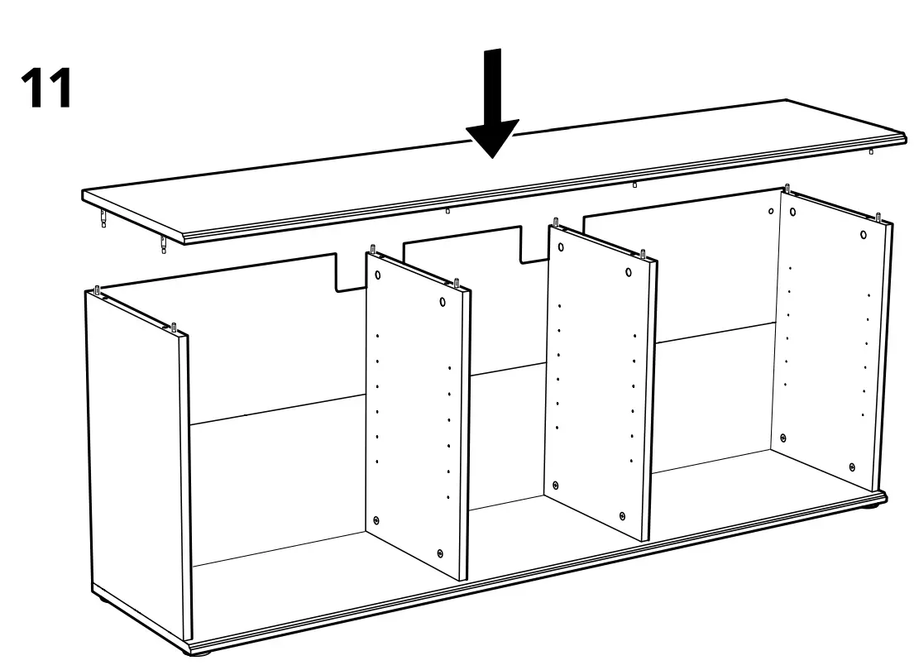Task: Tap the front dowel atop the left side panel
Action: point(175,327)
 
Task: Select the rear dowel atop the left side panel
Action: point(98,290)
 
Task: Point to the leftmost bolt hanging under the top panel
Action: point(103,219)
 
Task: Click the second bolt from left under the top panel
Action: point(164,244)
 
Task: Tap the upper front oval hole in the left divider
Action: point(443,302)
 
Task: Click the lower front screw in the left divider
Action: point(440,553)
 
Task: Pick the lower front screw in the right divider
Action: point(622,515)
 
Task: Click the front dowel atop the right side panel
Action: point(881,217)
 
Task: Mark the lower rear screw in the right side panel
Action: point(783,438)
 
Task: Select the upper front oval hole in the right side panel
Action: point(863,234)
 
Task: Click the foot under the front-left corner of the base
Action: point(202,653)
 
